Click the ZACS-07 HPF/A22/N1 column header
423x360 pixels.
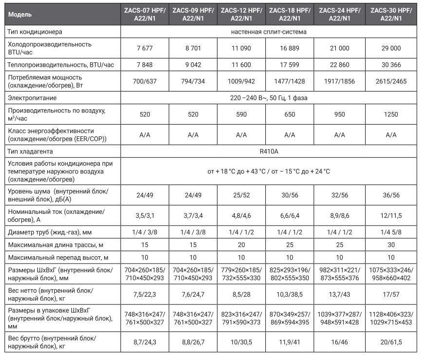(x=145, y=14)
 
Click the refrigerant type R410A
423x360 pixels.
(x=269, y=152)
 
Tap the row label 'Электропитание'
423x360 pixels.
(x=32, y=98)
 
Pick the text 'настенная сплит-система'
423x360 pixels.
(x=269, y=32)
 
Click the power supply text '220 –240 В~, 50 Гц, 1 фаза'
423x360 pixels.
(x=269, y=98)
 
